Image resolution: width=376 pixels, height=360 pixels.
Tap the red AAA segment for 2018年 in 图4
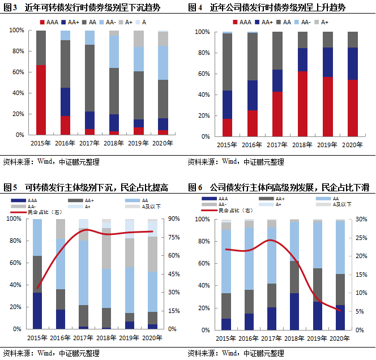(303, 104)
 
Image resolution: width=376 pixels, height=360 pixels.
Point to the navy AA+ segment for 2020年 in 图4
(352, 63)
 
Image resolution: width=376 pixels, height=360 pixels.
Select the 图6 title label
(278, 187)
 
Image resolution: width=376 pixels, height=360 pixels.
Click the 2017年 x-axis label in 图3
(90, 144)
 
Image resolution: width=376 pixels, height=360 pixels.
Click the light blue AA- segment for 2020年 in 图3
(163, 63)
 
